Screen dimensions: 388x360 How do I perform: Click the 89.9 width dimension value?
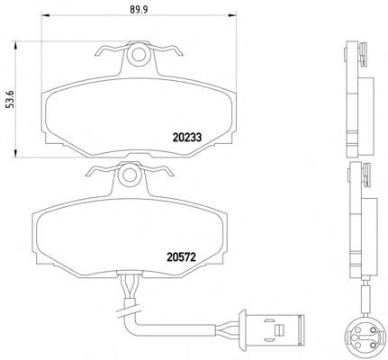tap(139, 9)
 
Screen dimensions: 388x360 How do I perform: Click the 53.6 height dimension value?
tap(11, 99)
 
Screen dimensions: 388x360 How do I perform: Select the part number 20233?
tap(187, 138)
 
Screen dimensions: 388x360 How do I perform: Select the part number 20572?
tap(181, 256)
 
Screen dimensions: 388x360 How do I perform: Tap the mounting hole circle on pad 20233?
tap(139, 54)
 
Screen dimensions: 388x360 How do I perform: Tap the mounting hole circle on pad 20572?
tap(130, 175)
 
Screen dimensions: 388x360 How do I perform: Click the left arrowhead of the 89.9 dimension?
tap(45, 15)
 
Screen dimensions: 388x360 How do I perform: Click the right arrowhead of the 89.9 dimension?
tap(232, 15)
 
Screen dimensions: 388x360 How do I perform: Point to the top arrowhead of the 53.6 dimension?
tap(14, 46)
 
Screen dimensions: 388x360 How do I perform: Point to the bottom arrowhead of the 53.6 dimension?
tap(14, 154)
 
